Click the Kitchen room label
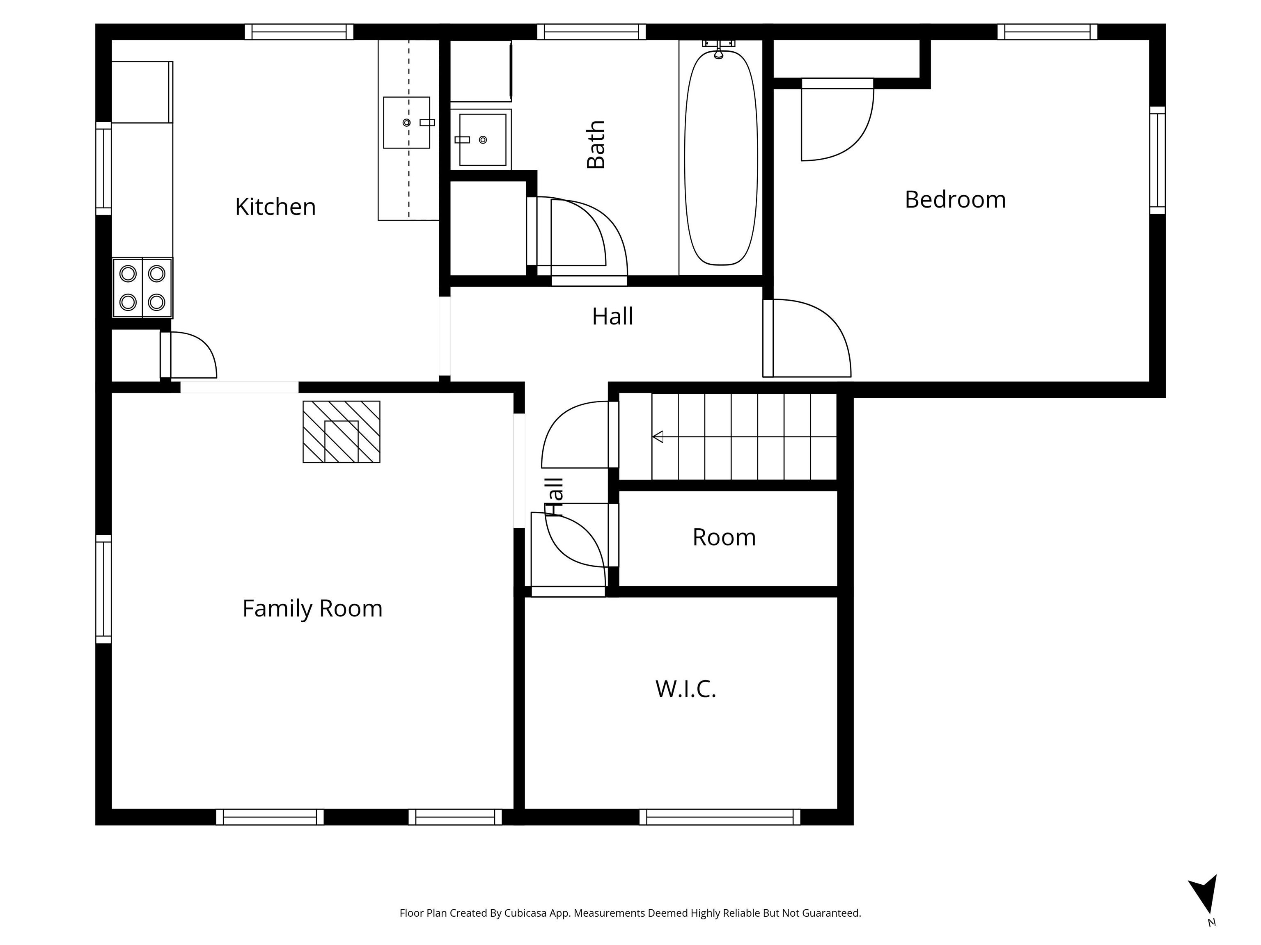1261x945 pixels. coord(275,207)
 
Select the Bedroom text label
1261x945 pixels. coord(956,199)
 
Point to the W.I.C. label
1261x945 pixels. coord(686,689)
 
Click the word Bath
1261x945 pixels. coord(596,145)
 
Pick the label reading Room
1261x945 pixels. coord(724,538)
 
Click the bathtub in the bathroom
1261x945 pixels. coord(721,158)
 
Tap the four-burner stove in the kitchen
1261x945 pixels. coord(142,288)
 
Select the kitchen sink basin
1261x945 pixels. coord(406,123)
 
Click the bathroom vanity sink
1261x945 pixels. coord(483,139)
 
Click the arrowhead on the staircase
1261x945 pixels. coord(658,437)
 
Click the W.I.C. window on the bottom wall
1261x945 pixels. coord(720,817)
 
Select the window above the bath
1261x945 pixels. coord(591,32)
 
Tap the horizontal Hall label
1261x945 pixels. coord(612,317)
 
